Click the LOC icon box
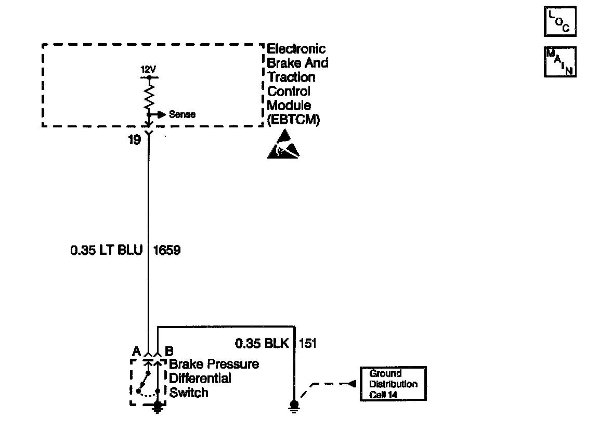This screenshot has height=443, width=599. pyautogui.click(x=560, y=22)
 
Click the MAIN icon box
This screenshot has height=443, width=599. pyautogui.click(x=560, y=62)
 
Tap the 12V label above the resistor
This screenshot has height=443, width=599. pyautogui.click(x=148, y=69)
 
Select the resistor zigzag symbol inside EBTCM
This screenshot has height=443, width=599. pyautogui.click(x=149, y=96)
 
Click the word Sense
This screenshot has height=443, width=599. pyautogui.click(x=182, y=114)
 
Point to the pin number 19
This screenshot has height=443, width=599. pyautogui.click(x=134, y=140)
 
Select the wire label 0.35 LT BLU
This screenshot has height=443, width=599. pyautogui.click(x=106, y=251)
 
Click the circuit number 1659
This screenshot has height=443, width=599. pyautogui.click(x=167, y=251)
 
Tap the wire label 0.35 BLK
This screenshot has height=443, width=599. pyautogui.click(x=262, y=343)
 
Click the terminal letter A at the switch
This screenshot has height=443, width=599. pyautogui.click(x=136, y=351)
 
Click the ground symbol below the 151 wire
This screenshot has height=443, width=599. pyautogui.click(x=294, y=406)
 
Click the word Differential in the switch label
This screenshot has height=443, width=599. pyautogui.click(x=200, y=379)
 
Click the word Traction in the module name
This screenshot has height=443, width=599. pyautogui.click(x=291, y=77)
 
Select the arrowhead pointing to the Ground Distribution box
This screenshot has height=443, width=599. pyautogui.click(x=352, y=384)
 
